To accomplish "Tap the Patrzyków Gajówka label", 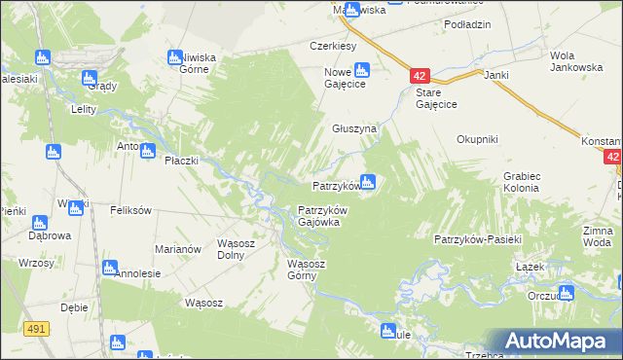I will click(322, 215).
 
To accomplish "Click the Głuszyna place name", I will click(354, 128).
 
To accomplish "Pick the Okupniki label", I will click(477, 139).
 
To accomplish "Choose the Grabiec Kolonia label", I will click(522, 181).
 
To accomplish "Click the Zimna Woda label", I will click(599, 235).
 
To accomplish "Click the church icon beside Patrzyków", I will click(368, 181).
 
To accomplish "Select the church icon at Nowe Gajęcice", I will click(362, 70).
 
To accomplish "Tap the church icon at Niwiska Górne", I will click(176, 57).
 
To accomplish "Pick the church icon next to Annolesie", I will click(109, 267).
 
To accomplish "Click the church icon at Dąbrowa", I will click(39, 223).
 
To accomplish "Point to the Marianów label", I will click(178, 249).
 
